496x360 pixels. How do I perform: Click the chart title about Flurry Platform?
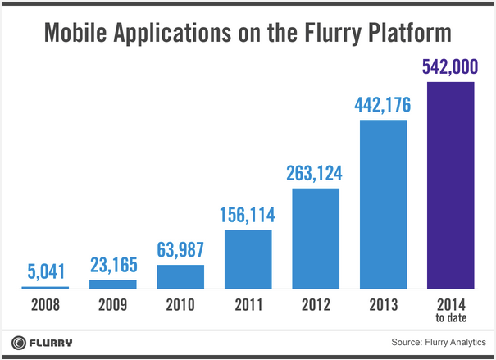(x=248, y=34)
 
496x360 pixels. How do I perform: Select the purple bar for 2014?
(x=452, y=185)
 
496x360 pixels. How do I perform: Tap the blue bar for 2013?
(x=384, y=205)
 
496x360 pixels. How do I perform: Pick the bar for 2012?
(x=316, y=239)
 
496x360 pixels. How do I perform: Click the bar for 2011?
(x=248, y=259)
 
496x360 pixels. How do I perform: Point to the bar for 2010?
(x=180, y=277)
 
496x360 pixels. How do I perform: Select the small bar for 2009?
(x=113, y=285)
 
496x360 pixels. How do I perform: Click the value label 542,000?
(x=452, y=66)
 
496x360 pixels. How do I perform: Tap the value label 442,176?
(x=384, y=105)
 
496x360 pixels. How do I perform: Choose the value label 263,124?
(x=316, y=173)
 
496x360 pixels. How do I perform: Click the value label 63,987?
(x=180, y=250)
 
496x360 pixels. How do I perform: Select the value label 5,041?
(x=45, y=271)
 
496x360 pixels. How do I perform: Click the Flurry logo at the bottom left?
(x=43, y=341)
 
